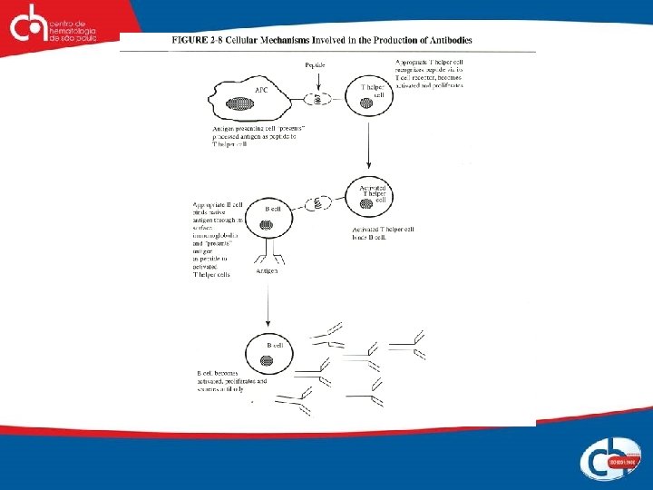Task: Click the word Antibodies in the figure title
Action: point(447,40)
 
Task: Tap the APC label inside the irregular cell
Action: point(261,91)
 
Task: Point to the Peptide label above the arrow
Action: point(315,65)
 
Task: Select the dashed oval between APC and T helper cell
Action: point(318,97)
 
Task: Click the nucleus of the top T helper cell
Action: point(367,103)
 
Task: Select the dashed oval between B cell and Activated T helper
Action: point(319,203)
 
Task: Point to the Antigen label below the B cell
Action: point(267,271)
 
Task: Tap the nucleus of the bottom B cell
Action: point(267,360)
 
